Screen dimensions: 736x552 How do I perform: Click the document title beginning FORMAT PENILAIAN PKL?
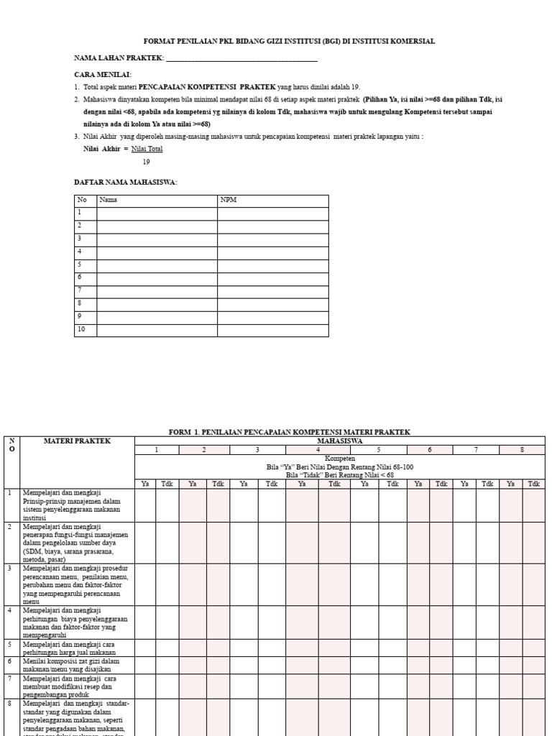click(x=289, y=42)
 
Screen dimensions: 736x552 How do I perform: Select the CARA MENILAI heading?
click(x=103, y=74)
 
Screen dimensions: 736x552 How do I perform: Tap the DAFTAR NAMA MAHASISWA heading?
click(x=125, y=182)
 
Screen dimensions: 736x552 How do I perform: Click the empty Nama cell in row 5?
click(x=157, y=264)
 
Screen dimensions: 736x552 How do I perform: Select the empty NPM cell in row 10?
click(x=272, y=330)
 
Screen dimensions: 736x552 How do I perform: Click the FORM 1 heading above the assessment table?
click(x=289, y=432)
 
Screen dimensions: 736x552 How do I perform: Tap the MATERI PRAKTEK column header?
click(x=77, y=441)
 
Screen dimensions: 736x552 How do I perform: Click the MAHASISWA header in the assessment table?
click(x=340, y=441)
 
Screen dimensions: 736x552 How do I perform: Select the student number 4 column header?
click(x=318, y=450)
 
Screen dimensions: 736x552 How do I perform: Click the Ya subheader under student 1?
click(x=145, y=484)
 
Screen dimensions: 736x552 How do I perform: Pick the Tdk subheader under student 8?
click(x=533, y=484)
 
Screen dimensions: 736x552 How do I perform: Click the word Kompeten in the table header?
click(x=340, y=459)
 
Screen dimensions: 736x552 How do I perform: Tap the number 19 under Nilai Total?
click(x=146, y=162)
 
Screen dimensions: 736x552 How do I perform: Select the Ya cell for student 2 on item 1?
click(x=193, y=505)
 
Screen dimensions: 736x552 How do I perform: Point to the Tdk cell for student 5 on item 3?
click(x=392, y=584)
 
